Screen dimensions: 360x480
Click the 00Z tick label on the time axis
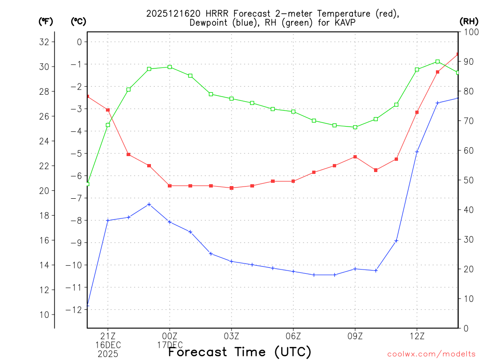[x=170, y=336]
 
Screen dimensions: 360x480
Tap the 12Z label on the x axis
[x=417, y=336]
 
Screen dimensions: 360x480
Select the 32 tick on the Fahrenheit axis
[x=44, y=42]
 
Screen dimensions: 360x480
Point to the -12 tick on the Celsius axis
[x=75, y=309]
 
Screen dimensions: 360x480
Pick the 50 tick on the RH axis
[x=468, y=180]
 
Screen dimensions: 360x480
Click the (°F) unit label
[x=45, y=21]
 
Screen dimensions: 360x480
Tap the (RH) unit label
[x=469, y=21]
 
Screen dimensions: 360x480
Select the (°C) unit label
[x=78, y=21]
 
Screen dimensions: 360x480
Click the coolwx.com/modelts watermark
[x=431, y=354]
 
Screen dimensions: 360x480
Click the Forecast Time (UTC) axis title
[x=240, y=352]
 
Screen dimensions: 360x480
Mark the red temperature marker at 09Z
[x=355, y=157]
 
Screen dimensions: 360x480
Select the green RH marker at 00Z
[x=170, y=67]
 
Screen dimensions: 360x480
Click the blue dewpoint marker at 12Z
[x=417, y=152]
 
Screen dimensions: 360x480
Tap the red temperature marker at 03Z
[x=232, y=188]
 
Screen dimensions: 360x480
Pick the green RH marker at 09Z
[x=355, y=127]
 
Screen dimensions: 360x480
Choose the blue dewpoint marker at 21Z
[x=108, y=220]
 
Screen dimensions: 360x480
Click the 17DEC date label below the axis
[x=170, y=345]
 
